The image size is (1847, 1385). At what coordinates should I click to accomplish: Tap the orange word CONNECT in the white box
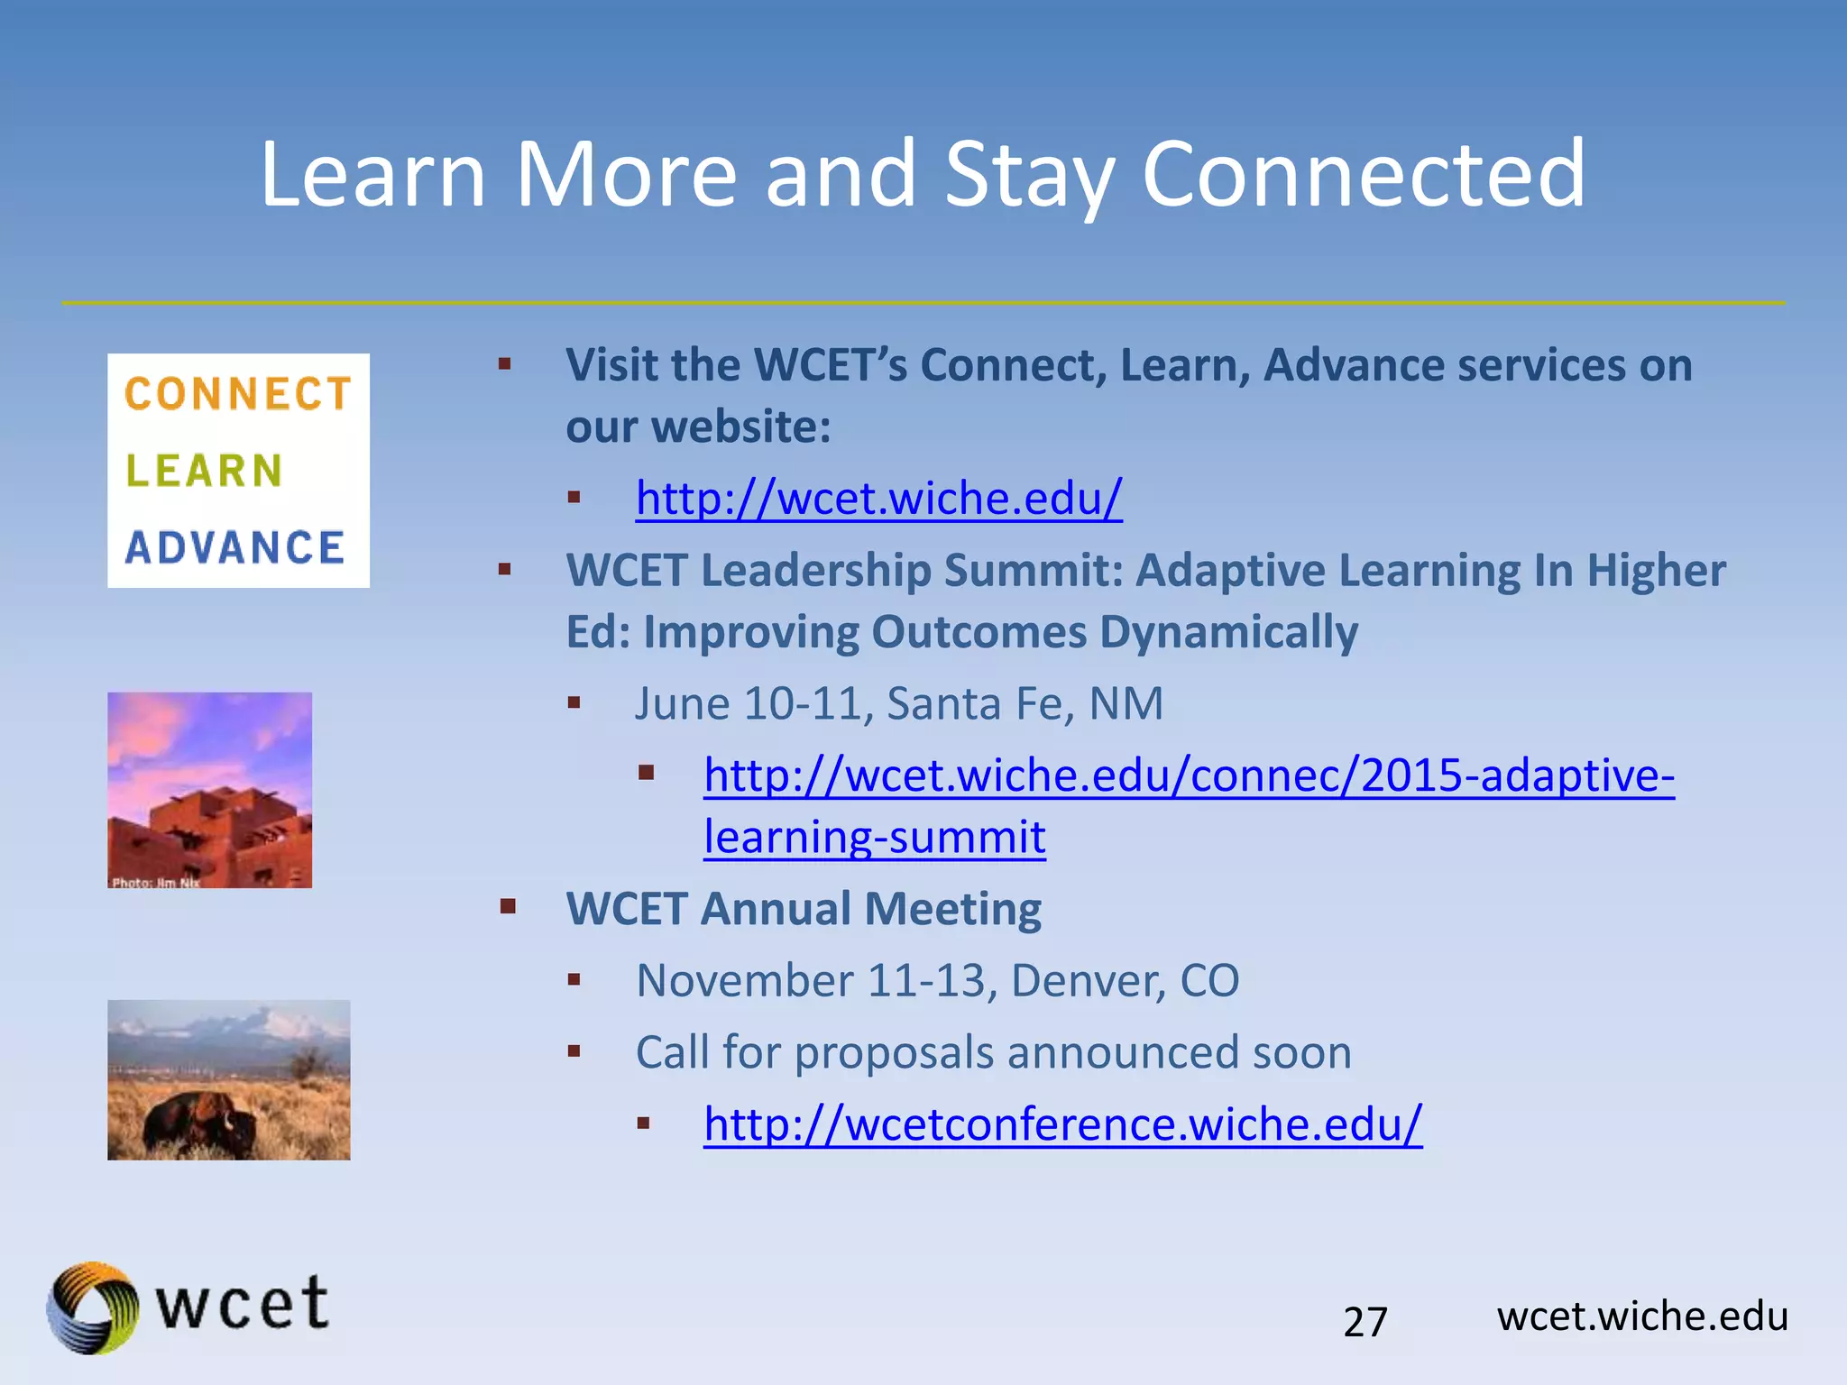(x=237, y=394)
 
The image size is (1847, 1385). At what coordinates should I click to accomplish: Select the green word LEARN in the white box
(x=204, y=471)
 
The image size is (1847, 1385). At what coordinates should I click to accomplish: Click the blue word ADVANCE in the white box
(x=235, y=547)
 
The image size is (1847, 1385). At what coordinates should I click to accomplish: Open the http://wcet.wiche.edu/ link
(x=878, y=498)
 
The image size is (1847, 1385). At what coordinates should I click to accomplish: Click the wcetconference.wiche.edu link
(x=1062, y=1124)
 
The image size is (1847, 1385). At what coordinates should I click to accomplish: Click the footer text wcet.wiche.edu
(x=1641, y=1316)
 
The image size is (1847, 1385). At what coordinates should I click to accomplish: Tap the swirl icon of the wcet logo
(x=92, y=1307)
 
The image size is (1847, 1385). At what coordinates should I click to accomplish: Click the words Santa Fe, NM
(x=1025, y=703)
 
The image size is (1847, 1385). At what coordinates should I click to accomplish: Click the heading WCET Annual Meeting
(x=803, y=908)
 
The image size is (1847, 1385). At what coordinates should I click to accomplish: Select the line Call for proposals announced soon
(x=993, y=1052)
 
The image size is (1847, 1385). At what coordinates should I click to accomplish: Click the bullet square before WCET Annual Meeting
(x=508, y=906)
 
